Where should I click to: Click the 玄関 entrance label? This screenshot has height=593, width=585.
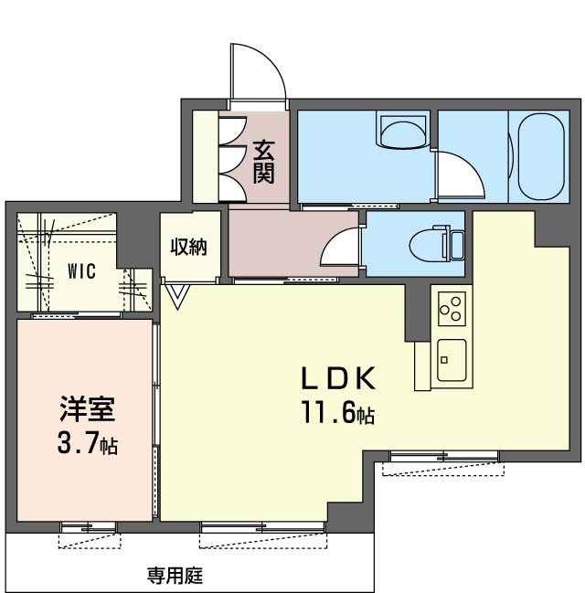[264, 162]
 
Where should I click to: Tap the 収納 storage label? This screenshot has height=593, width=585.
[188, 248]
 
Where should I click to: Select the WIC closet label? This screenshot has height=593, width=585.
[81, 271]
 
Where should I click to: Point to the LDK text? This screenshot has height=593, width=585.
[338, 378]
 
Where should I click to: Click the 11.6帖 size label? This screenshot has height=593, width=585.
[338, 412]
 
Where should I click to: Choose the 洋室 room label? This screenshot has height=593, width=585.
[87, 409]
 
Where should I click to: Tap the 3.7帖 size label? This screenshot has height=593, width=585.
[88, 443]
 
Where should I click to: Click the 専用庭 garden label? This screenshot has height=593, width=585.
[175, 576]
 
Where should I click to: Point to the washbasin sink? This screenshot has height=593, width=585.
[403, 132]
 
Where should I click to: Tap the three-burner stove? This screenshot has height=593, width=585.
[452, 309]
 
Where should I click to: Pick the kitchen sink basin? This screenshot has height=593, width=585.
[452, 360]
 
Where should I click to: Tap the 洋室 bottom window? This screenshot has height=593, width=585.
[89, 527]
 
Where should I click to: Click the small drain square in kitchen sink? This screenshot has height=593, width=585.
[444, 360]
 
